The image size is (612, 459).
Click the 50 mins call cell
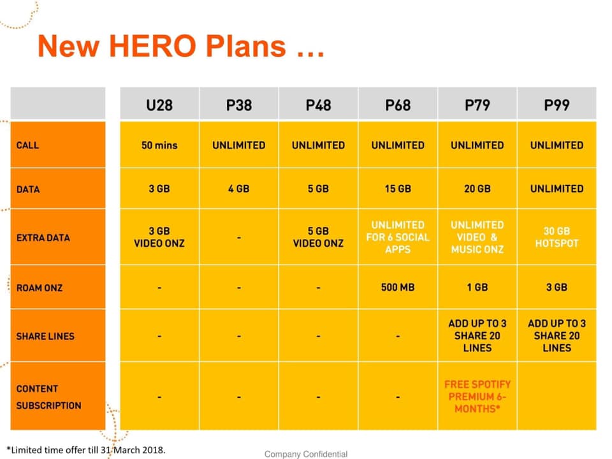[159, 145]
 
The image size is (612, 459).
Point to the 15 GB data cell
[398, 189]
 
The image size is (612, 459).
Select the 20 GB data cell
[477, 189]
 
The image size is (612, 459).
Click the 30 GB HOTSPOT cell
[557, 237]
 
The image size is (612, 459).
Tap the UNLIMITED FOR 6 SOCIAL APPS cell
[398, 237]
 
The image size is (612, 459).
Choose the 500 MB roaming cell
[398, 288]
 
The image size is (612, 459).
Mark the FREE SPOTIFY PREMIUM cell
[477, 397]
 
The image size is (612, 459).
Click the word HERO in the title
[152, 46]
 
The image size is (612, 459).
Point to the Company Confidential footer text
[306, 454]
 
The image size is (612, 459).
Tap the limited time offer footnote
[86, 449]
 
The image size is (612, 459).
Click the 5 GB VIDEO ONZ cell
[318, 237]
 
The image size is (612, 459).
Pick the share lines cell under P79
[477, 336]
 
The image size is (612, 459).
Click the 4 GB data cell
[238, 189]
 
